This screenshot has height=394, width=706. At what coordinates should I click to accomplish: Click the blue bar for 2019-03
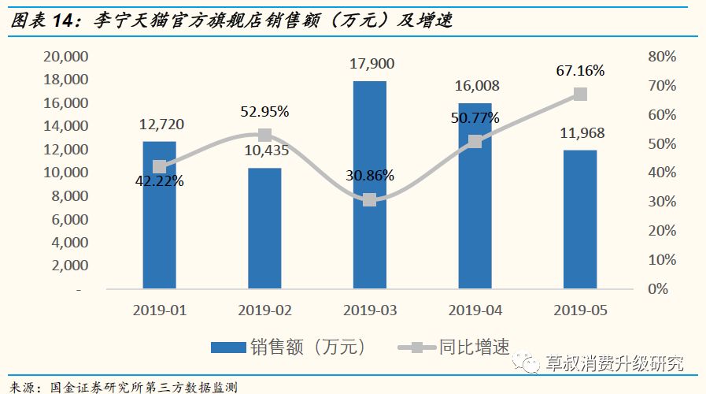point(369,184)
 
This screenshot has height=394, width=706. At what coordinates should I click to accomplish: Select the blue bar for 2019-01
point(159,214)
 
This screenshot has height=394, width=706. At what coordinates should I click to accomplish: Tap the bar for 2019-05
point(579,218)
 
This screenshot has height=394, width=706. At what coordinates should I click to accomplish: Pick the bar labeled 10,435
point(264,228)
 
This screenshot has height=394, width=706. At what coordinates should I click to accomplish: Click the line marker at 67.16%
point(580,94)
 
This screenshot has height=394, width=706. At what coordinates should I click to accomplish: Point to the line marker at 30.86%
point(369,200)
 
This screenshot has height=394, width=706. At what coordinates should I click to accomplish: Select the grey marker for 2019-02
point(264,135)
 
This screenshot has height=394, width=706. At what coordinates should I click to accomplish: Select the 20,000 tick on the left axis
point(65,57)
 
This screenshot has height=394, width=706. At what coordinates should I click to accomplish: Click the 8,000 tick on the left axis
point(69,196)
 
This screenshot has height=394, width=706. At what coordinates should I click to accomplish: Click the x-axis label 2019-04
point(475,310)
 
